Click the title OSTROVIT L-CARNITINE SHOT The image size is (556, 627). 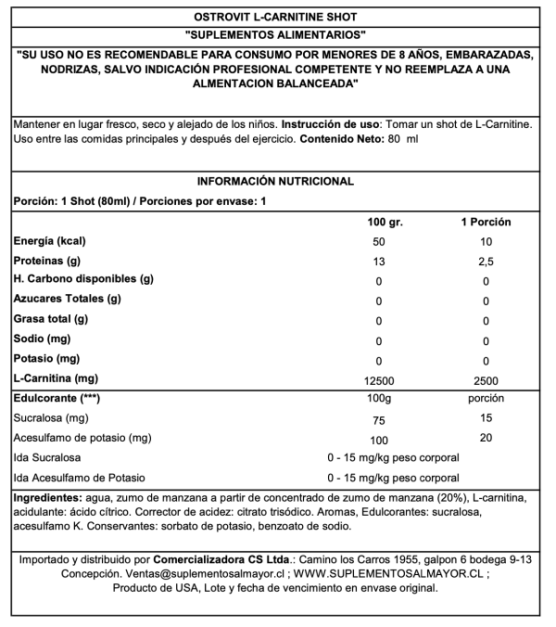[277, 16]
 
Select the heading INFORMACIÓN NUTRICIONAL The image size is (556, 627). [277, 182]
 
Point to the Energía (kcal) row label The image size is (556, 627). [49, 241]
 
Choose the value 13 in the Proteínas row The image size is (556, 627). [378, 262]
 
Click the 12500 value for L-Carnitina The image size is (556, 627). [378, 380]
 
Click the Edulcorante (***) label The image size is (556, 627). [55, 398]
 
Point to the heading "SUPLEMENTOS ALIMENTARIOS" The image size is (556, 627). [277, 34]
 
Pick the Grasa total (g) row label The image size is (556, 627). [50, 319]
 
